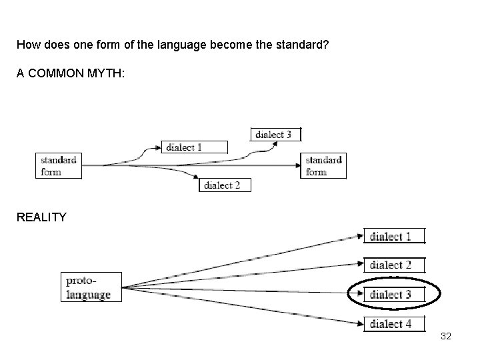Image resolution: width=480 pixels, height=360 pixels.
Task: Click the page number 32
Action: point(446,336)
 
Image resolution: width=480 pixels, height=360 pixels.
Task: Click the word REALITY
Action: point(41,216)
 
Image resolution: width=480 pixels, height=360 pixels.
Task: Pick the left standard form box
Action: point(58,166)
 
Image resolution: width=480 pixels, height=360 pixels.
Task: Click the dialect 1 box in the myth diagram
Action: point(194,147)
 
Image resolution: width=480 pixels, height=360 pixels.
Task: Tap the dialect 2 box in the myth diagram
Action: point(225,185)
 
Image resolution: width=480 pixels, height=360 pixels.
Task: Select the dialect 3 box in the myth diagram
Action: point(275,134)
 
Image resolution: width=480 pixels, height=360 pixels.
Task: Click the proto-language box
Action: point(91,287)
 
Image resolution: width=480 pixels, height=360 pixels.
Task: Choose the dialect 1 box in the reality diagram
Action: point(393,237)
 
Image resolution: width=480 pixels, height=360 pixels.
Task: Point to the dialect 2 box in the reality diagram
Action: point(393,265)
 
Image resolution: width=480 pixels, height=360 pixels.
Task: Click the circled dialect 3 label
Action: point(391,294)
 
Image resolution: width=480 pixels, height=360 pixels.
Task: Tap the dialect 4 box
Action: point(393,324)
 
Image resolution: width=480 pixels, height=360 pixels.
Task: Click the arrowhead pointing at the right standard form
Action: point(299,165)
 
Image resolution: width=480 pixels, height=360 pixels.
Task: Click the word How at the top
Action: point(27,45)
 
